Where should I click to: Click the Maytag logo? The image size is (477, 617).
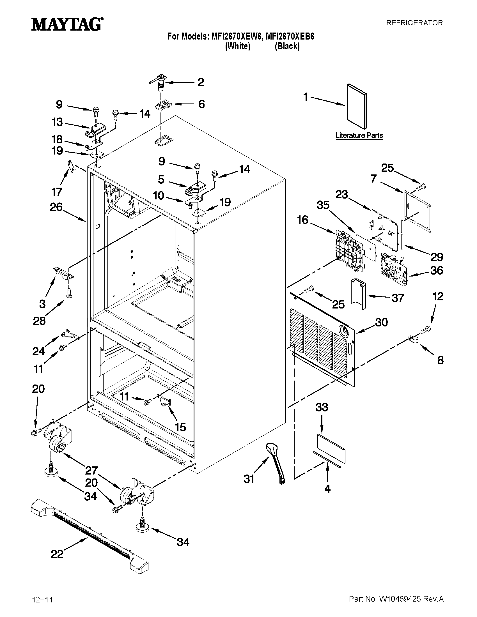click(67, 24)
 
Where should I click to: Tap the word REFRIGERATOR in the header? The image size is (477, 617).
click(414, 23)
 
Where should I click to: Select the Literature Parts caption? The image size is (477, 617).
click(359, 135)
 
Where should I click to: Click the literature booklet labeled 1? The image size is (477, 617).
click(357, 106)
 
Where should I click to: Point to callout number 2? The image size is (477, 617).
click(200, 82)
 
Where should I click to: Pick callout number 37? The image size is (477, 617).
click(398, 298)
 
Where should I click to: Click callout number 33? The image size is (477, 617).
click(322, 407)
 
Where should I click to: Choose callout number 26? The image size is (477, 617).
click(56, 207)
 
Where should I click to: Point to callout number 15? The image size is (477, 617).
click(180, 427)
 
